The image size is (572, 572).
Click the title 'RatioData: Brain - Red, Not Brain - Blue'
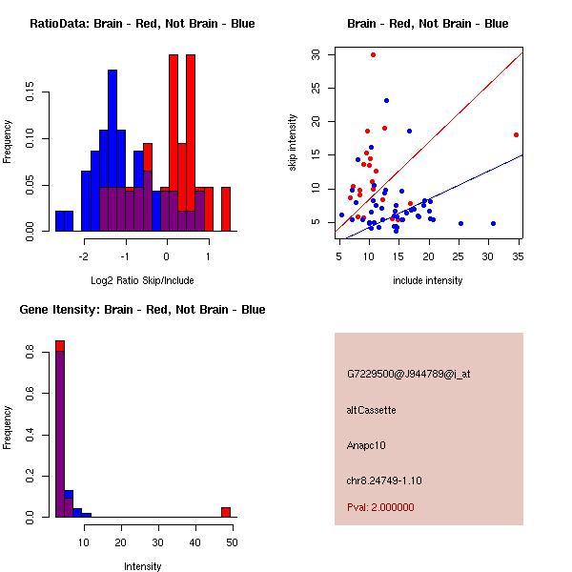coord(142,24)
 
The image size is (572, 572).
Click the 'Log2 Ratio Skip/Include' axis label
coord(141,280)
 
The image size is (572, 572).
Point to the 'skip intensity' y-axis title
coord(293,143)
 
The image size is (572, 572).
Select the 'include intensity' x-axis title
coord(428,280)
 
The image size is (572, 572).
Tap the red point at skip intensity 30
coord(373,54)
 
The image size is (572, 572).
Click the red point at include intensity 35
coord(516,134)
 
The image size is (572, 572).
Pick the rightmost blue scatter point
coord(493,223)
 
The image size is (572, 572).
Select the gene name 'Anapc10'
coord(366,445)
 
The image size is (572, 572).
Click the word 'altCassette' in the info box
coord(371,410)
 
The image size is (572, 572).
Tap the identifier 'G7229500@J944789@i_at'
coord(408,374)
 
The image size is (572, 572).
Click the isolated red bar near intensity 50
coord(226,512)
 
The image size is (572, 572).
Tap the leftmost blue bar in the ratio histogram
coord(64,221)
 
